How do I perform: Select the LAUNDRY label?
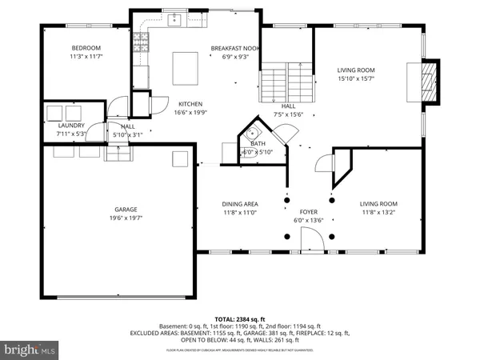tap(71, 126)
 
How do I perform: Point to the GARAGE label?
tap(121, 209)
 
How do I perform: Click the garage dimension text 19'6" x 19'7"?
tap(121, 218)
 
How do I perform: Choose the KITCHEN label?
tap(190, 104)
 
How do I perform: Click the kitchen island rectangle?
tap(185, 64)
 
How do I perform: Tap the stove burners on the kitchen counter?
tap(142, 42)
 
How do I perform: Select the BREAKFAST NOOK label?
tap(235, 48)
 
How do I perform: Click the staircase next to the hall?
tap(286, 83)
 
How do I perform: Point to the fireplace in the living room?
tap(430, 82)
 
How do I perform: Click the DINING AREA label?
tap(240, 204)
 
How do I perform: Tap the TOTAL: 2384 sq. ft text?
tap(240, 319)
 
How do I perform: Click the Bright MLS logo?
tap(30, 349)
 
